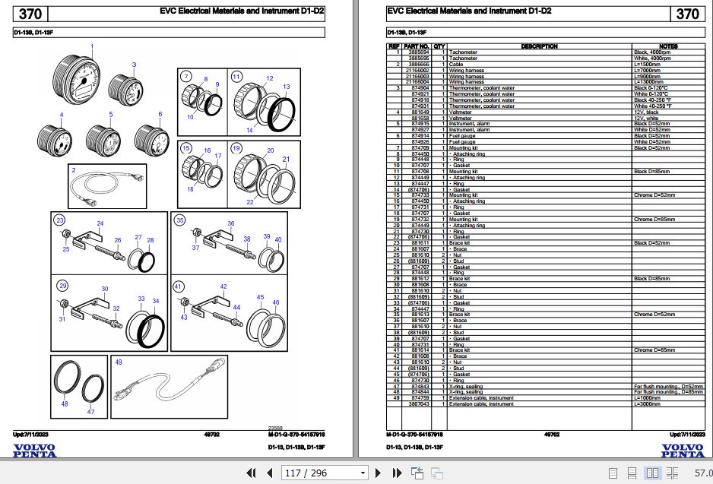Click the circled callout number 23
point(59,220)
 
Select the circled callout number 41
point(178,286)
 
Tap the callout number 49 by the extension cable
point(118,362)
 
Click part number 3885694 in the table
point(420,52)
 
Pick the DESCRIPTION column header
point(539,46)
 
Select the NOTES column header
point(669,46)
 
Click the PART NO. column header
point(420,46)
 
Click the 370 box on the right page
point(686,14)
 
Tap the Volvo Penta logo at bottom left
point(34,451)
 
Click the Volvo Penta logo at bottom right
point(682,451)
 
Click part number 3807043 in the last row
point(420,404)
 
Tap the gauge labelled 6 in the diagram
point(151,138)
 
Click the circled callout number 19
point(236,147)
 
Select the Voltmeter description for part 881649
point(460,112)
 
